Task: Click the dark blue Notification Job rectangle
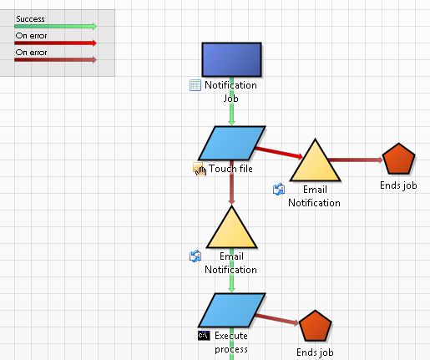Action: click(x=231, y=59)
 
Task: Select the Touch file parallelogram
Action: click(x=231, y=143)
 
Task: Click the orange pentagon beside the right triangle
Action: click(x=399, y=159)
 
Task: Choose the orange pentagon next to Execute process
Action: click(x=315, y=326)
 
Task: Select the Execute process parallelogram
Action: click(x=231, y=310)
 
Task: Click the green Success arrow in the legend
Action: click(x=55, y=27)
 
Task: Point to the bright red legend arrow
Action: click(x=55, y=43)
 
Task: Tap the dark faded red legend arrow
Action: click(x=55, y=60)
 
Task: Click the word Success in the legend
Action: click(x=30, y=19)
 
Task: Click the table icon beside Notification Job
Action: click(x=195, y=85)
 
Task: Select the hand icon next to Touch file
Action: click(x=200, y=169)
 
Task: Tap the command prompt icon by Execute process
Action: click(x=204, y=336)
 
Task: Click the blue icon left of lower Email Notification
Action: click(x=195, y=256)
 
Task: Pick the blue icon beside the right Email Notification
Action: click(x=279, y=190)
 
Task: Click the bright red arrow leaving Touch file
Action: click(x=279, y=153)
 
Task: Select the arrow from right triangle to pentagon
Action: click(x=356, y=160)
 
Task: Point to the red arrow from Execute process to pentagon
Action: click(x=276, y=319)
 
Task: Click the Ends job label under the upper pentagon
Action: click(x=398, y=185)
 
